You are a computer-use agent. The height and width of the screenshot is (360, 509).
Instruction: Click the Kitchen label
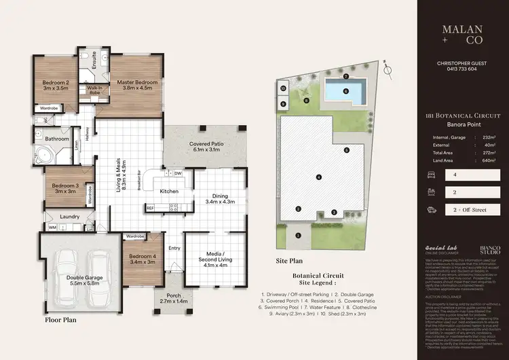tap(168, 192)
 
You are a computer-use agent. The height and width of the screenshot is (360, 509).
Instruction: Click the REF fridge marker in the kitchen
tap(150, 208)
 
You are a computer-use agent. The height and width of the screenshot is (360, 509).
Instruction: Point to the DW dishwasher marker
tap(178, 174)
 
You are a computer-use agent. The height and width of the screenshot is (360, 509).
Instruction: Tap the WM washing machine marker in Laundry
tap(52, 228)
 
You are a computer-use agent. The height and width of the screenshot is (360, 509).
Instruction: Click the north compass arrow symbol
tap(387, 69)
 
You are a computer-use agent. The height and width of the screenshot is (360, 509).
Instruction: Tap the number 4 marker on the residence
tap(318, 178)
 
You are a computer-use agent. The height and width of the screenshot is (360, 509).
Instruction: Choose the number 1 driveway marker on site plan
tap(298, 236)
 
